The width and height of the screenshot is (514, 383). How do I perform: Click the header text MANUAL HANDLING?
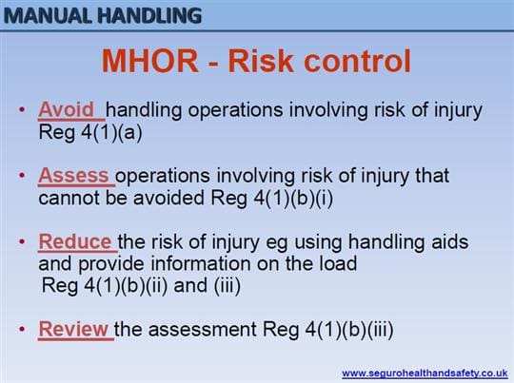tap(103, 15)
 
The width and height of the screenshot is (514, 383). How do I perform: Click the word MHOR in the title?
tap(149, 61)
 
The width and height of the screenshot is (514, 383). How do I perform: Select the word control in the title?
tap(357, 61)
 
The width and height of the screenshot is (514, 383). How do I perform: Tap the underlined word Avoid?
tap(66, 109)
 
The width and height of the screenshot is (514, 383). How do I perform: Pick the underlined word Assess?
tap(73, 176)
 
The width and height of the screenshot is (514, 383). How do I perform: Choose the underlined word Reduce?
tap(75, 242)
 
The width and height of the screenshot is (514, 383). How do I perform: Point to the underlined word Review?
tap(73, 329)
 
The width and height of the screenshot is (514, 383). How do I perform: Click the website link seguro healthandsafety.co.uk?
tap(425, 373)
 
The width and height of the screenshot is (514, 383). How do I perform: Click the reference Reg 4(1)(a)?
tap(90, 133)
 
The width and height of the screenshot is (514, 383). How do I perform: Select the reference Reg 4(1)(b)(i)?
tap(271, 199)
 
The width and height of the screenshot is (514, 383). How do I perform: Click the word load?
tap(338, 264)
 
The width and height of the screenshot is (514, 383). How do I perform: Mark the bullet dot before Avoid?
tap(22, 109)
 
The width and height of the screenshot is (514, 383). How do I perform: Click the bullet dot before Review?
tap(22, 329)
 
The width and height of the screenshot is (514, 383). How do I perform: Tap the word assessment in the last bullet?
tap(202, 330)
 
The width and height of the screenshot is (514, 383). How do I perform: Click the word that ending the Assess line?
tap(432, 176)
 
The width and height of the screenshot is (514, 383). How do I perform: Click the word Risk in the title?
tap(261, 61)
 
